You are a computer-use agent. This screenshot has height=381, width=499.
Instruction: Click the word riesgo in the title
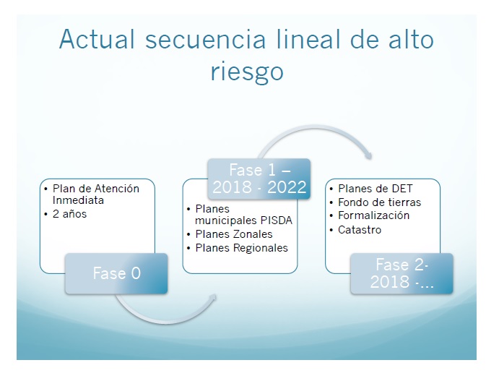[x=247, y=72]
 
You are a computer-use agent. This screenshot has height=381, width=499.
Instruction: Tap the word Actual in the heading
[x=97, y=39]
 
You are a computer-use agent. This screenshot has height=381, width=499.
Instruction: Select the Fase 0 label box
[x=116, y=273]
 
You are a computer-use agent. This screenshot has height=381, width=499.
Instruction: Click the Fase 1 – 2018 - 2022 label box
[x=259, y=179]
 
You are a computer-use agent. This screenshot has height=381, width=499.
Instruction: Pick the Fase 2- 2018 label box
[x=402, y=273]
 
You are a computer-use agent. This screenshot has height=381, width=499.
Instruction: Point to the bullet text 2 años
[x=70, y=214]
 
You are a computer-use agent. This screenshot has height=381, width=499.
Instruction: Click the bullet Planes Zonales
[x=234, y=234]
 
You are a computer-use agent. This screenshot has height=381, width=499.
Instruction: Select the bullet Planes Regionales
[x=241, y=248]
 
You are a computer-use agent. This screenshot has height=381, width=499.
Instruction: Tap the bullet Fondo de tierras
[x=379, y=202]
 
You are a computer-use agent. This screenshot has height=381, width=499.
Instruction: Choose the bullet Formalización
[x=373, y=215]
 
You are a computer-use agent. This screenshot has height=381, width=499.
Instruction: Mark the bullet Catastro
[x=360, y=230]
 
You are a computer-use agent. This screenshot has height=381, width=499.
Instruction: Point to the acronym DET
[x=402, y=189]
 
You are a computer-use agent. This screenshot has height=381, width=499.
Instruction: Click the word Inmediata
[x=78, y=200]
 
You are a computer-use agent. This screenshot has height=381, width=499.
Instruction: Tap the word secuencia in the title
[x=205, y=40]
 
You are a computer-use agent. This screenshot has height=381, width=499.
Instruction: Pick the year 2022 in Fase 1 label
[x=287, y=187]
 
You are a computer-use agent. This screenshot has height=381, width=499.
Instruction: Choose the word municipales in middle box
[x=226, y=221]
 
